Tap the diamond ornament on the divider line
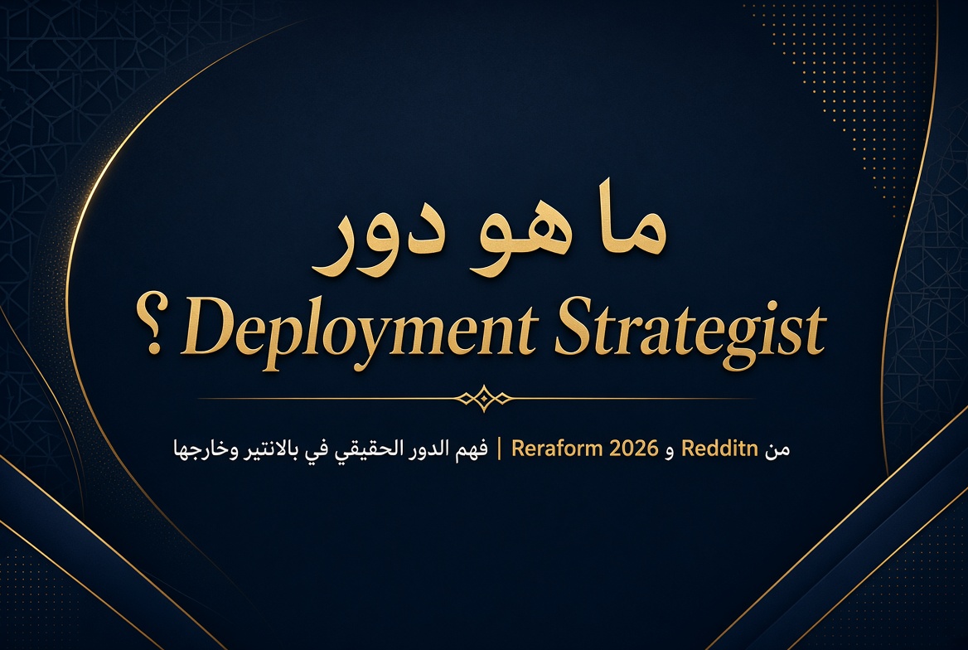(x=484, y=399)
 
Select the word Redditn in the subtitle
(x=719, y=449)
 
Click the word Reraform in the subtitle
(x=557, y=449)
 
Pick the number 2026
(x=634, y=449)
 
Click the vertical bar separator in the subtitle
(x=499, y=449)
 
